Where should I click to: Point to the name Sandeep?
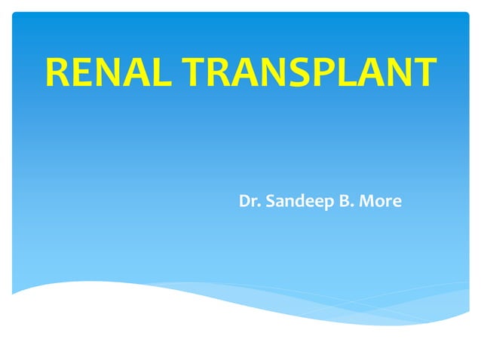pyautogui.click(x=296, y=202)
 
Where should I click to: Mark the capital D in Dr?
pyautogui.click(x=244, y=202)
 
